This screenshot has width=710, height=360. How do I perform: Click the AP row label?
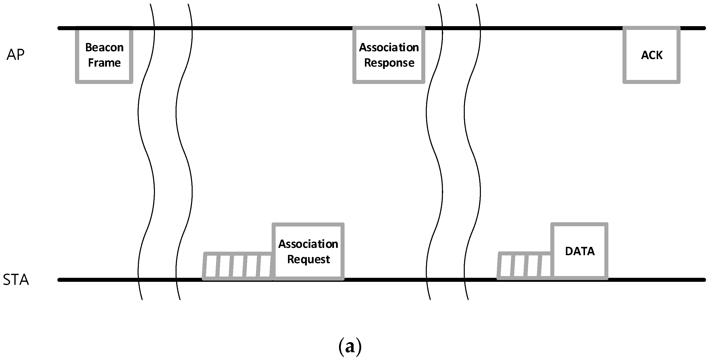point(15,55)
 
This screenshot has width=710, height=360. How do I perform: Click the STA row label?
point(16,280)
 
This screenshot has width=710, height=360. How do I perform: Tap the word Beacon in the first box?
point(104,47)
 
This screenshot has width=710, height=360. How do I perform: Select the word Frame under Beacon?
point(104,63)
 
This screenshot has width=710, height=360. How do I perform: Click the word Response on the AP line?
point(389,63)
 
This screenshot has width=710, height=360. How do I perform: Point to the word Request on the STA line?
point(308,259)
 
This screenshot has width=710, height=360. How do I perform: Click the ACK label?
point(652,55)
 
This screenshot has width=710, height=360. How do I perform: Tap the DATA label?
point(580,251)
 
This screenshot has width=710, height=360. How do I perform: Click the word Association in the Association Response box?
point(389,47)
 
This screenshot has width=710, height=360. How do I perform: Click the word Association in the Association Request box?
point(308,244)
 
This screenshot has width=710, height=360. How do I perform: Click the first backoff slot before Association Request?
point(211,266)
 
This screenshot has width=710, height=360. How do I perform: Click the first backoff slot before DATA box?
point(505,266)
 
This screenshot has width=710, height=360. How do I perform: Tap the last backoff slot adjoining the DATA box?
point(546,266)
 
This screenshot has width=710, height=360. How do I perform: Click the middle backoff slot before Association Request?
point(238,266)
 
